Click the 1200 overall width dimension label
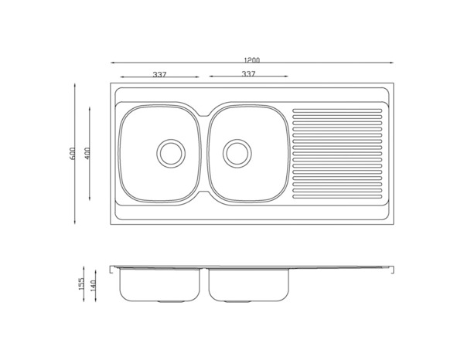pos(252,60)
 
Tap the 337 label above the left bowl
pos(159,74)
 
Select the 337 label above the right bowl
pos(248,74)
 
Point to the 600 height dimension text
pos(73,154)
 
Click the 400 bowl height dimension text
pos(87,154)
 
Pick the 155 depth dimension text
pos(81,284)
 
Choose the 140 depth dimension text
pos(94,286)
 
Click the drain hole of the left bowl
pos(171,154)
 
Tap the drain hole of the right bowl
pos(237,154)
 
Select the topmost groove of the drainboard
pos(337,110)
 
